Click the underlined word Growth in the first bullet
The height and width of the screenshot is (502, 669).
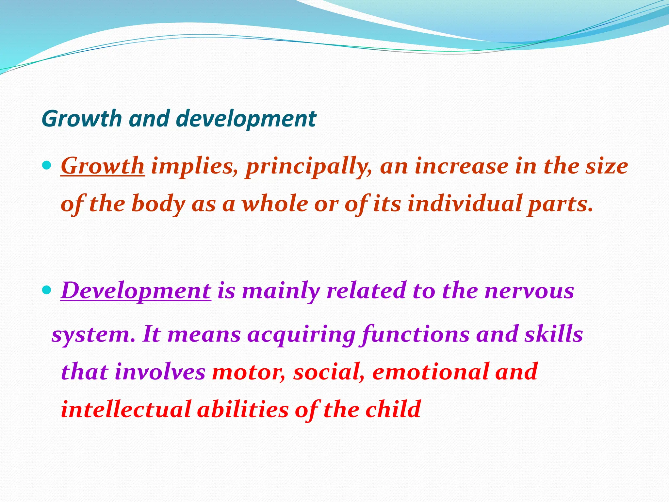click(103, 166)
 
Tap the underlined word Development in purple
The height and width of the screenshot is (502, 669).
click(136, 291)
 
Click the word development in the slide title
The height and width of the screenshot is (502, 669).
click(246, 119)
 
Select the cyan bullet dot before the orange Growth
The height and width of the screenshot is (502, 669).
click(47, 165)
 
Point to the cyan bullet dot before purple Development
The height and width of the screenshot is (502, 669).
click(47, 290)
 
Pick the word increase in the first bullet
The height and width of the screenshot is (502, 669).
click(462, 166)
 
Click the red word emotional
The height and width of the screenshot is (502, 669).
click(431, 372)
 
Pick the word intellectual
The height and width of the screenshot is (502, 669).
click(126, 409)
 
